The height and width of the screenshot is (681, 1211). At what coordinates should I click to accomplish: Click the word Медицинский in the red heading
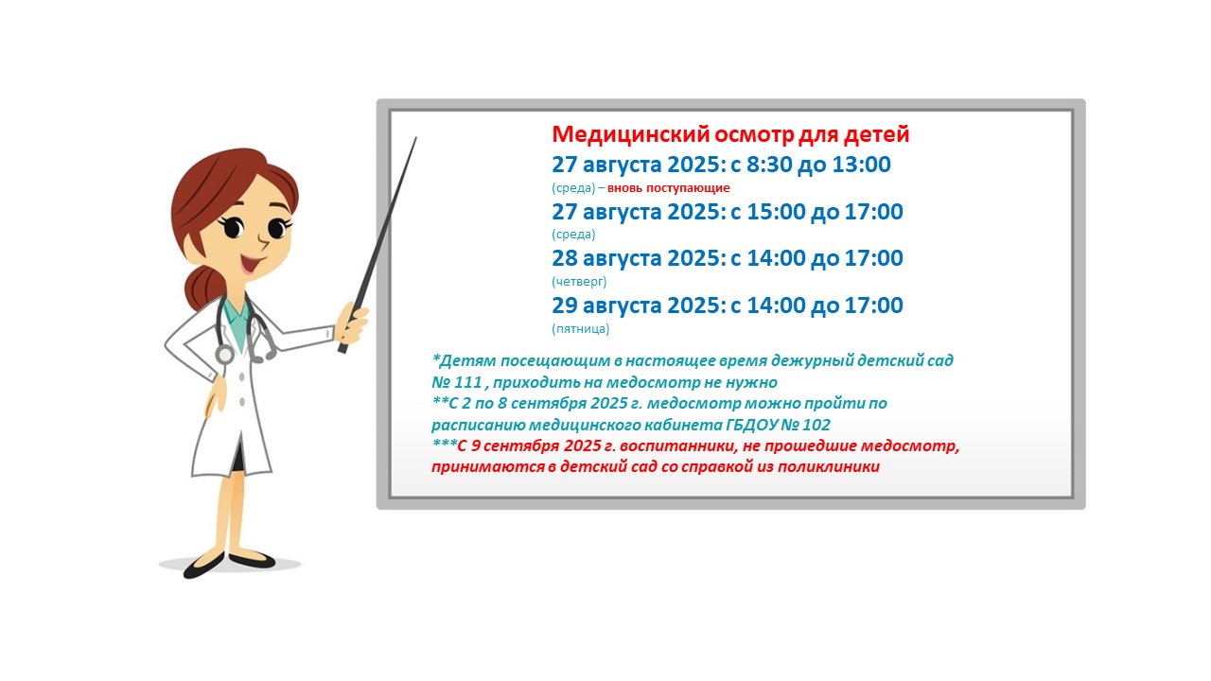click(630, 134)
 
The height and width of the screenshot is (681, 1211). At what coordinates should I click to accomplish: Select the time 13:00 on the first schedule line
click(861, 165)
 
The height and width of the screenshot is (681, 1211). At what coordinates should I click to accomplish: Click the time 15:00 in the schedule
click(777, 211)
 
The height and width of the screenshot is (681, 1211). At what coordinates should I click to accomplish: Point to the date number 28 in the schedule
click(565, 258)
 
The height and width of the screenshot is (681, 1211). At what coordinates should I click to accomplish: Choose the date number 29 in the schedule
click(565, 306)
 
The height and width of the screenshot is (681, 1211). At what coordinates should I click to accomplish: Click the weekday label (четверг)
click(579, 282)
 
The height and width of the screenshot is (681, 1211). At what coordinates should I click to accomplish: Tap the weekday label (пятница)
click(581, 328)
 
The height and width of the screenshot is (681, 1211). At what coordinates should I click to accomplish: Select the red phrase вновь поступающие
click(668, 188)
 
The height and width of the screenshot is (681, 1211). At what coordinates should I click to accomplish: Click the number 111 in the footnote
click(467, 382)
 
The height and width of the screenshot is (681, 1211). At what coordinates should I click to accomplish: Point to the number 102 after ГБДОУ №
click(816, 425)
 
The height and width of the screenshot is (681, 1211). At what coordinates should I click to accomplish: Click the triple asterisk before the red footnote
click(445, 444)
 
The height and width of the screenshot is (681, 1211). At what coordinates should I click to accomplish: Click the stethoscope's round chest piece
click(224, 355)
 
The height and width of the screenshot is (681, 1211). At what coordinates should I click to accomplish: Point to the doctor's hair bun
click(202, 288)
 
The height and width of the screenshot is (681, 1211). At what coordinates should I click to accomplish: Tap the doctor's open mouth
click(252, 263)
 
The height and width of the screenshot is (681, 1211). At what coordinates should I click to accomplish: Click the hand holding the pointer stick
click(353, 325)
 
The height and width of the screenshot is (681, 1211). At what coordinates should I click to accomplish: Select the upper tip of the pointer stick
click(416, 137)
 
